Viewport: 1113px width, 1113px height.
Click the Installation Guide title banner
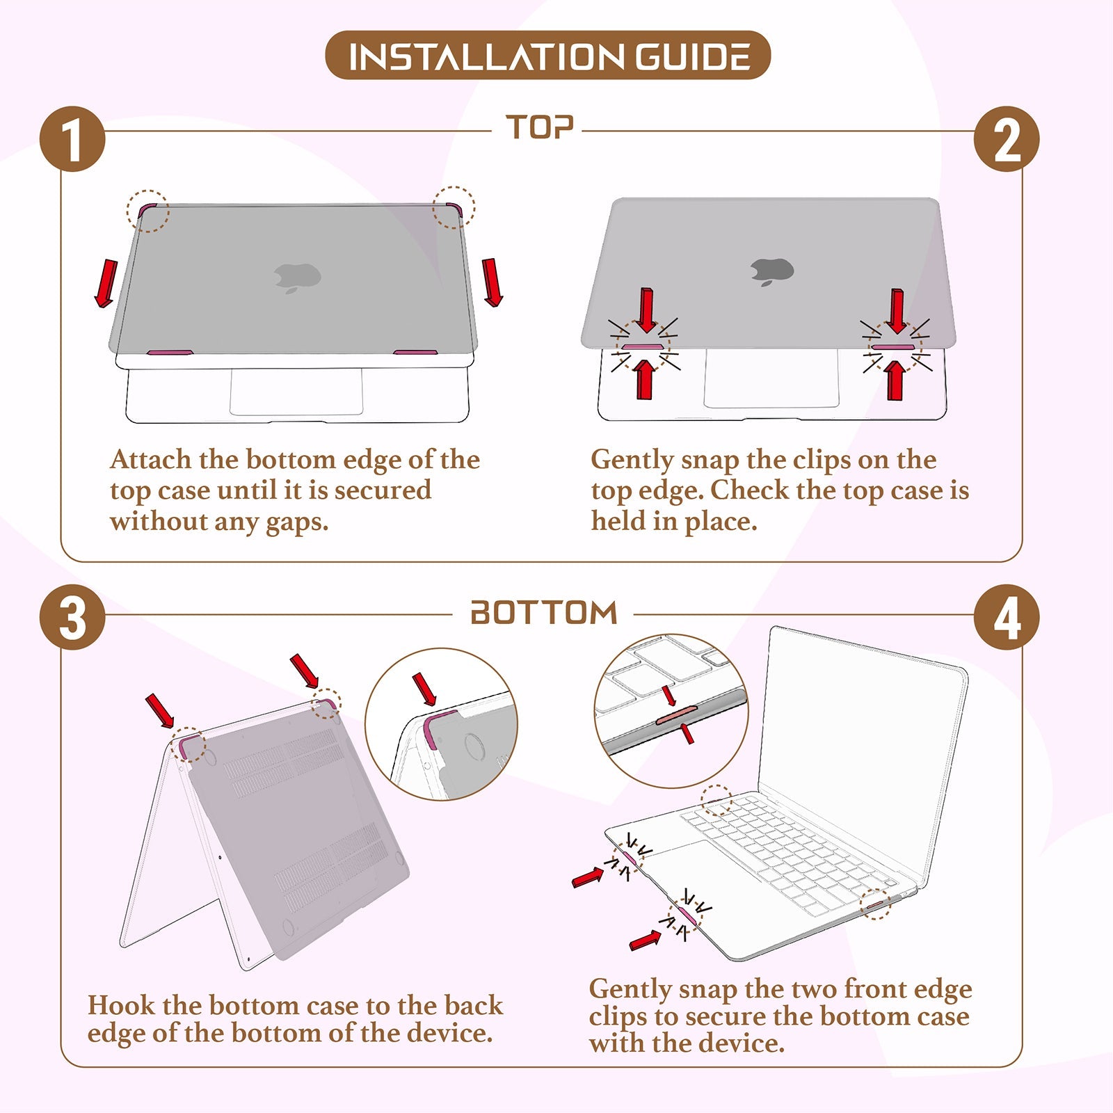point(547,55)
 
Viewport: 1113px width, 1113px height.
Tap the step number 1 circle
point(72,138)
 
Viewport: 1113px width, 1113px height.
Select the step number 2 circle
point(1007,139)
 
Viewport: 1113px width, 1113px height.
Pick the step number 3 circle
point(72,617)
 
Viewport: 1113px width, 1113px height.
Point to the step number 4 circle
point(1007,617)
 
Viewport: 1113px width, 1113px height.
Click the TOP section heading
point(540,128)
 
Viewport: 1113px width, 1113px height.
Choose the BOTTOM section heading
point(544,613)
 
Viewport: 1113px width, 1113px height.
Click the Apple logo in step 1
point(297,278)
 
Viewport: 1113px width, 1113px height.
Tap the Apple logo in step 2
point(771,271)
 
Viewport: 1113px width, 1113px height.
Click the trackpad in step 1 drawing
point(296,392)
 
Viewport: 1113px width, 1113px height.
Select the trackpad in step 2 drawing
point(771,378)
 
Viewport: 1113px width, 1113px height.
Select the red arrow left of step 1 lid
point(106,282)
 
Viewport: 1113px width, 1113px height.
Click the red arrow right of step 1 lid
point(493,282)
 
